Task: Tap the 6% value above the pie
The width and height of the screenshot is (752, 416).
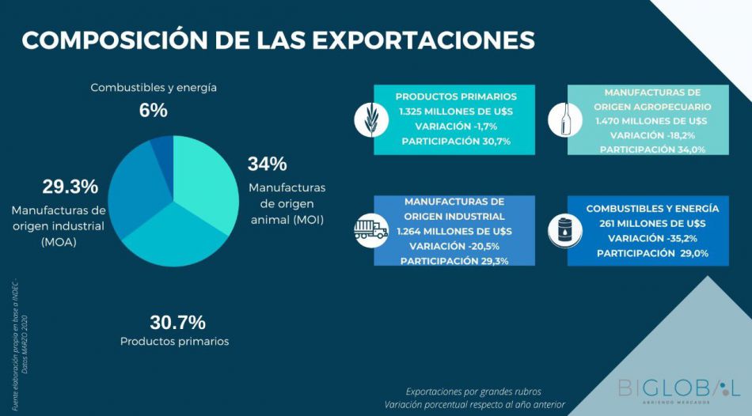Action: click(x=154, y=111)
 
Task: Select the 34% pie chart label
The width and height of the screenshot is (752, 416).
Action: click(x=267, y=165)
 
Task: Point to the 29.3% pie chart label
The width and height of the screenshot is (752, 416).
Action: click(x=70, y=187)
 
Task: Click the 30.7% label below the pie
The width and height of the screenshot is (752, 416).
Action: click(x=177, y=323)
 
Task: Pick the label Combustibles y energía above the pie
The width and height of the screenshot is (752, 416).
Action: click(x=154, y=88)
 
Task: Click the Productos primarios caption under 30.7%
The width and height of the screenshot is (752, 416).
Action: click(x=175, y=342)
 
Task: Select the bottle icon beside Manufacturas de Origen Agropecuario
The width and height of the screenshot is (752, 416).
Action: click(x=565, y=119)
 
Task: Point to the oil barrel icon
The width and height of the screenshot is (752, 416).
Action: click(x=565, y=230)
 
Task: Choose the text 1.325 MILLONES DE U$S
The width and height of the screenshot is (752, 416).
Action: click(x=456, y=111)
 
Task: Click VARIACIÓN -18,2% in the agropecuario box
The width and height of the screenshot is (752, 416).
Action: click(x=651, y=135)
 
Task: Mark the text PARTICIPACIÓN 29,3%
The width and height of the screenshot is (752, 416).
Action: click(x=454, y=260)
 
